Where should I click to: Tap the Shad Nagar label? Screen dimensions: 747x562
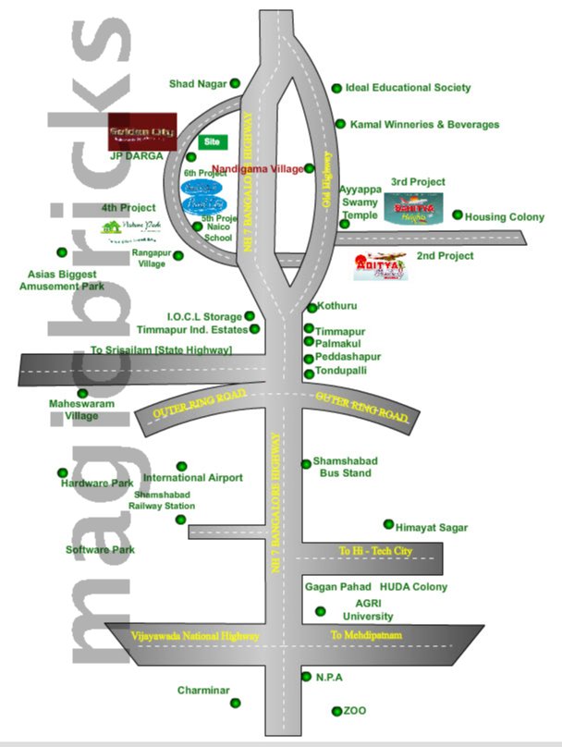[x=198, y=84]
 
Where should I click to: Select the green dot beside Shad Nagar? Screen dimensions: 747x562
[x=236, y=83]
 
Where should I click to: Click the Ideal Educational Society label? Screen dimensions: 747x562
[x=408, y=88]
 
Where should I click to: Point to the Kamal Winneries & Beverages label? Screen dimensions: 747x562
[x=424, y=124]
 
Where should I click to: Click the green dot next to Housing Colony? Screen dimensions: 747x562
[x=458, y=215]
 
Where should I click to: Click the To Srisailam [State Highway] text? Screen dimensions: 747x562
[x=161, y=349]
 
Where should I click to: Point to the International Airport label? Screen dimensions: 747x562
[x=193, y=478]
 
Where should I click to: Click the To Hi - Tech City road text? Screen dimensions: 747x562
[x=375, y=552]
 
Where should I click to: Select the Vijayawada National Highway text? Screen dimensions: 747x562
[x=183, y=636]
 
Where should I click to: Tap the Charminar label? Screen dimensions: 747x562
[x=203, y=690]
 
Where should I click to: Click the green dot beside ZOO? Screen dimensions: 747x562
[x=336, y=711]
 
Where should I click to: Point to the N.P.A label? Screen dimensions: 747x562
[x=329, y=677]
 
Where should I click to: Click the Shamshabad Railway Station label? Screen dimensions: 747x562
[x=162, y=500]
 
